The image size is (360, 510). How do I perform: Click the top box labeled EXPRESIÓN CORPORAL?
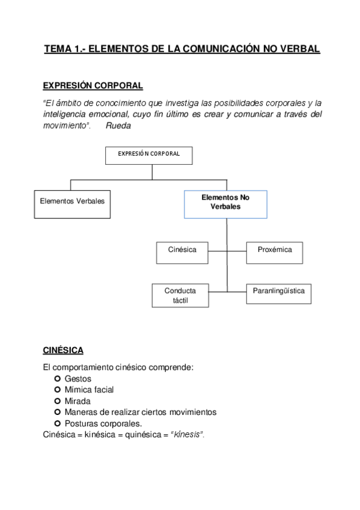tap(152, 155)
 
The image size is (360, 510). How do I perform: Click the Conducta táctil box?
tap(180, 295)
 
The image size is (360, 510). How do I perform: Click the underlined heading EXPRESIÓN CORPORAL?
tap(93, 85)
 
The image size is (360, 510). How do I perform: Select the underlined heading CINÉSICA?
tap(64, 349)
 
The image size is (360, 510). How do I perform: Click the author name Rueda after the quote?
tap(118, 126)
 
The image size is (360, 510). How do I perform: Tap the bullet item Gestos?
tap(78, 379)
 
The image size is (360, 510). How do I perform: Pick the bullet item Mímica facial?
tap(89, 390)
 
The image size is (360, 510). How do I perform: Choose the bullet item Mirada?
tap(78, 401)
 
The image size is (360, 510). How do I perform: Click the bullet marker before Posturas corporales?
tap(58, 423)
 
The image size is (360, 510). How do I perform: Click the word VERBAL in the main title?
tap(299, 49)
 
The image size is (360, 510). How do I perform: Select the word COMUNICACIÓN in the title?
tap(221, 49)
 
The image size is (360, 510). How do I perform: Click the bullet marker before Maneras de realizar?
tap(58, 412)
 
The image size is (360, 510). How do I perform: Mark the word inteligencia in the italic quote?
tap(66, 114)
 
